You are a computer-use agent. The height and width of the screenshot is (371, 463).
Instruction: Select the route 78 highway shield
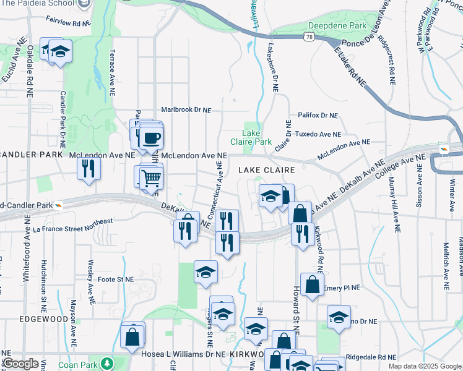(x=308, y=38)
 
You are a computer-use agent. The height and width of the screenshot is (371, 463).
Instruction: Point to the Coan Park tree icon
(x=107, y=363)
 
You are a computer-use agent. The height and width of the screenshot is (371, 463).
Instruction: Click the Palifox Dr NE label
(x=318, y=115)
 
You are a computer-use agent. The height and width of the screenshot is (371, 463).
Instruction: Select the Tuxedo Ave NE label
(x=318, y=134)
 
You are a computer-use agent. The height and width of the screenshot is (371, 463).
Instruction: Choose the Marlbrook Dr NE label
(x=186, y=110)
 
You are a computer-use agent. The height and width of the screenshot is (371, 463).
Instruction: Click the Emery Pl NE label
(x=341, y=288)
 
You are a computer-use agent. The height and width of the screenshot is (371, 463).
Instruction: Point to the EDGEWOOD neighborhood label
(x=43, y=318)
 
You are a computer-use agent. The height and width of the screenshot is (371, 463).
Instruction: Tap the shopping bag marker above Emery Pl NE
(x=313, y=285)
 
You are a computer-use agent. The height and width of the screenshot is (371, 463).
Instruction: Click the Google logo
(x=20, y=364)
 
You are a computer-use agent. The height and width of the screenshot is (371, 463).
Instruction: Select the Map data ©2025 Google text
(x=425, y=366)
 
